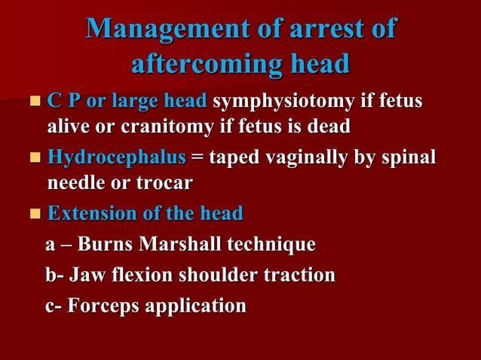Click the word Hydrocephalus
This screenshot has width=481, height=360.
point(116,158)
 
